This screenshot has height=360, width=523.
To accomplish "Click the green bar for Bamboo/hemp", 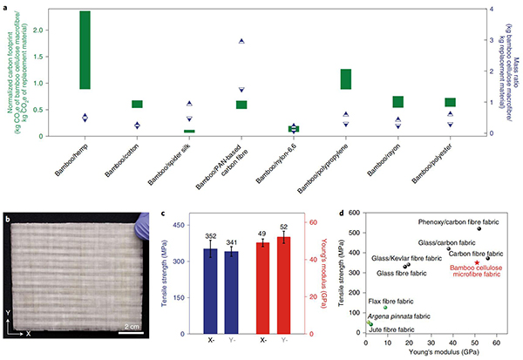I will click(85, 50).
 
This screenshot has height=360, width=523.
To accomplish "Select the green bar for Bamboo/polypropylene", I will click(346, 78).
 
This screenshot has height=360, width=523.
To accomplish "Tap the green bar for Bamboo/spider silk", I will click(189, 131).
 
